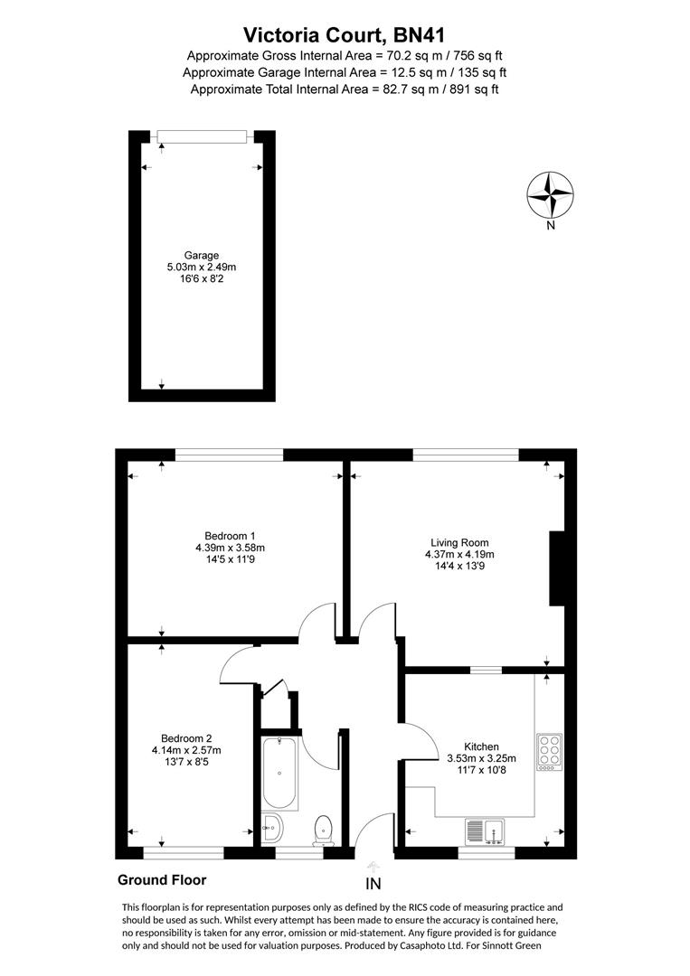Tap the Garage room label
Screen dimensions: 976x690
coord(202,255)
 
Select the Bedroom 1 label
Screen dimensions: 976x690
coord(230,535)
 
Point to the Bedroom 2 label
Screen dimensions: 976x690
coord(185,737)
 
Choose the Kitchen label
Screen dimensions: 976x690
coord(482,746)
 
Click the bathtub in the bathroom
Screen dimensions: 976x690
coord(279,774)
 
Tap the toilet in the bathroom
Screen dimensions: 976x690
coord(323,828)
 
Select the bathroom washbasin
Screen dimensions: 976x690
coord(272,825)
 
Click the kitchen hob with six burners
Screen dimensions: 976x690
coord(549,750)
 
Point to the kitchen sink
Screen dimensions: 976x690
coord(487,830)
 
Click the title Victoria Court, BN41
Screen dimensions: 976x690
coord(345,35)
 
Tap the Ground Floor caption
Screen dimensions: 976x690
coord(162,879)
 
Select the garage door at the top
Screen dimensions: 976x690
coord(202,136)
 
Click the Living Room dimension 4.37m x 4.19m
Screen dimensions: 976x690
coord(460,555)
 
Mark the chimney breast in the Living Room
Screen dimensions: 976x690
coord(558,568)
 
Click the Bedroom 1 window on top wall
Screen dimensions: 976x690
coord(230,455)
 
